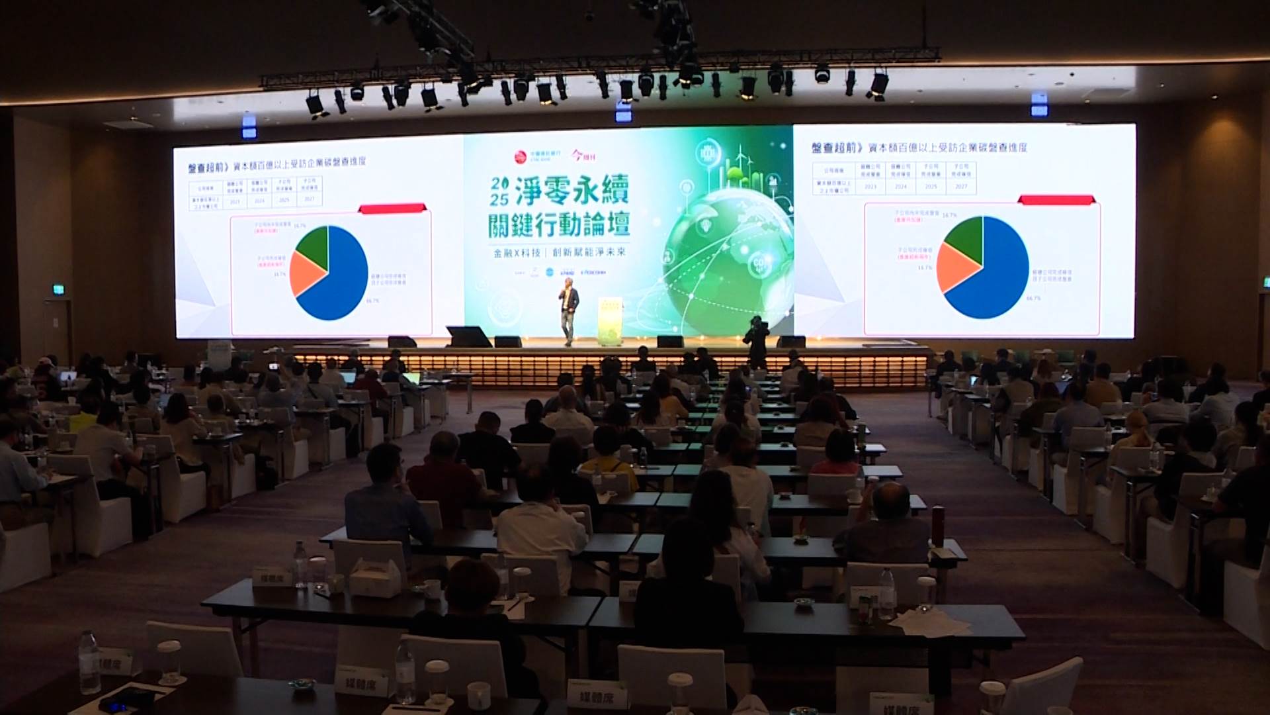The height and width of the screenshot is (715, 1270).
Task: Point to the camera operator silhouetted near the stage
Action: coord(755,341)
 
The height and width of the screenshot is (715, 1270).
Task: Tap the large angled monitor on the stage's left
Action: coord(468,336)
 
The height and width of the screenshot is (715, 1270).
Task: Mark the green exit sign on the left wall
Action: coord(59,289)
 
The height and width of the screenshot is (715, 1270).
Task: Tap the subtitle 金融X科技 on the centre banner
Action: coord(513,252)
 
